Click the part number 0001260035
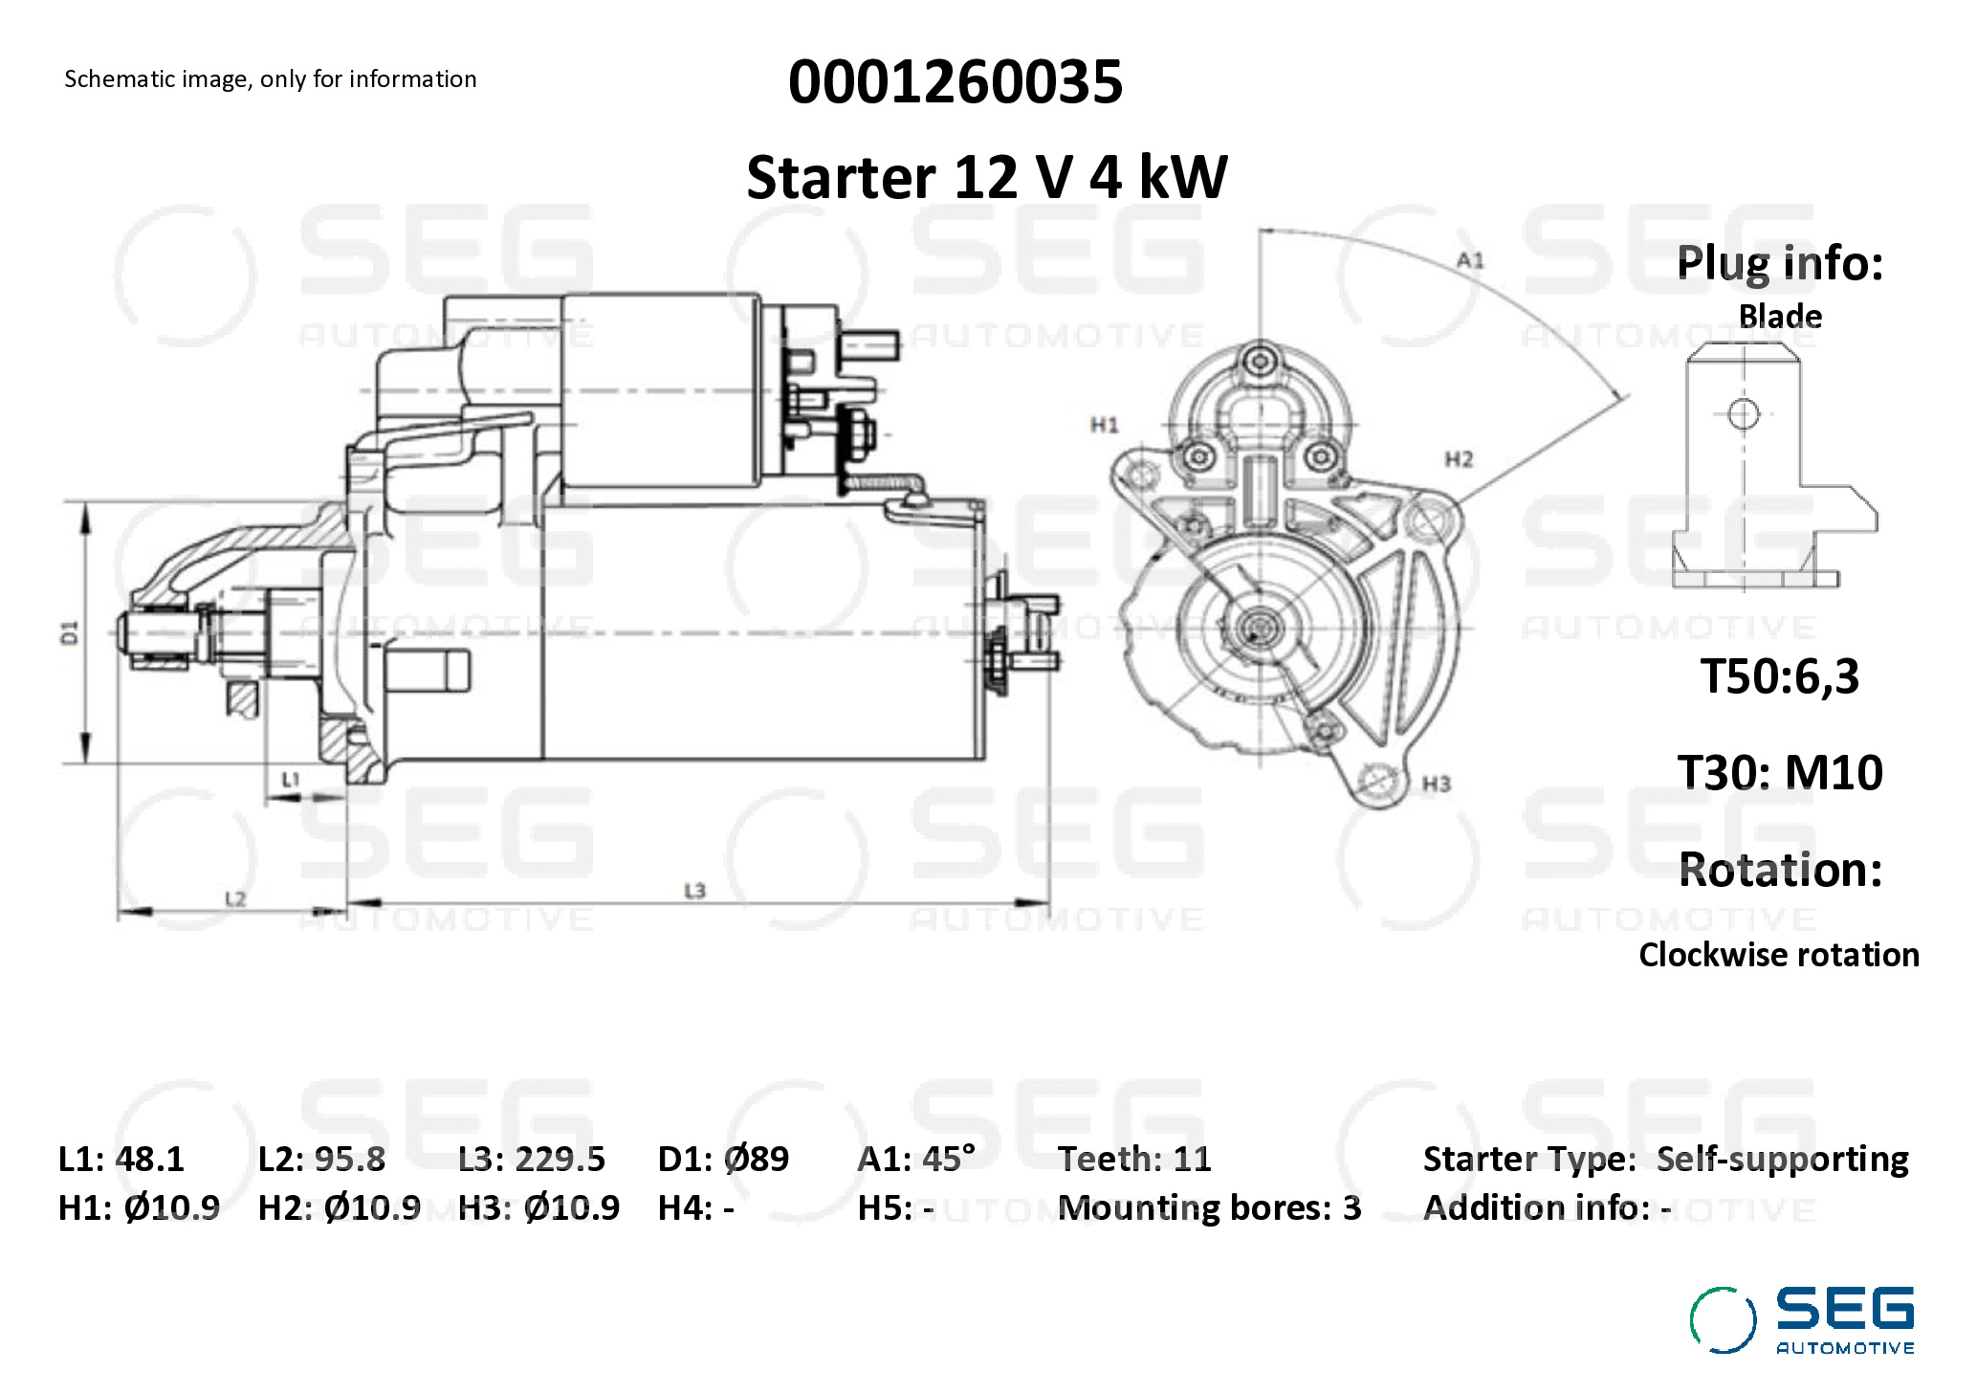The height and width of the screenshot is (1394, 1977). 955,82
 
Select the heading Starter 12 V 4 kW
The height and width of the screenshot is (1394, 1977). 986,178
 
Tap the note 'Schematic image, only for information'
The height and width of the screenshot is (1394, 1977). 270,79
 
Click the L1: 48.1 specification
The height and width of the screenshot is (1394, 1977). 121,1159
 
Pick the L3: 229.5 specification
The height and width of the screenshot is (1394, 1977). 531,1159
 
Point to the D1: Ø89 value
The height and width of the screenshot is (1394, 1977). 723,1159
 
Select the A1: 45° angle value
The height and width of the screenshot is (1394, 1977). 916,1159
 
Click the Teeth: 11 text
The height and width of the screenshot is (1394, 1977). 1134,1159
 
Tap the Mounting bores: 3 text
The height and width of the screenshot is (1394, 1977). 1209,1207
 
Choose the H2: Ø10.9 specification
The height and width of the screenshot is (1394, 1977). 339,1207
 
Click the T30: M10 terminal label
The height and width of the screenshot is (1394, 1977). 1780,772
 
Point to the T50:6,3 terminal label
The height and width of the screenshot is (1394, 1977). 1779,676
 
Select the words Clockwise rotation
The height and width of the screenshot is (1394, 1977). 1779,955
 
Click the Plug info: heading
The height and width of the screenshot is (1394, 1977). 1780,263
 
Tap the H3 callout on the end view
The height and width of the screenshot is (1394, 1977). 1436,785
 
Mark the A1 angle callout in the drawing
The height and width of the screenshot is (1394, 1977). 1470,260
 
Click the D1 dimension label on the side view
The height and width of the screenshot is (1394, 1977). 70,632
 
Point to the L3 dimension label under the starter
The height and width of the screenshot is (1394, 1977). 694,891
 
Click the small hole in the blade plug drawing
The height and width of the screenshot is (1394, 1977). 1743,414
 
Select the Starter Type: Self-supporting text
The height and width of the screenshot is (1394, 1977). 1665,1159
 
